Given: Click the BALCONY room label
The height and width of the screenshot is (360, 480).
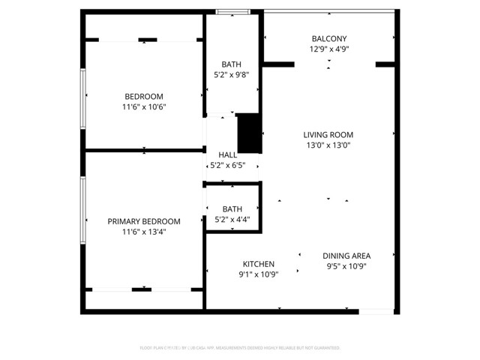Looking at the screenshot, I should point(329,38).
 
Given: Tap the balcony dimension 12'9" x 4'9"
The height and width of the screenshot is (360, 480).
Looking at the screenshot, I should point(329,49).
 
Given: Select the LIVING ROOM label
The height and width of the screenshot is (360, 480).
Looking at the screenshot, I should point(328,135).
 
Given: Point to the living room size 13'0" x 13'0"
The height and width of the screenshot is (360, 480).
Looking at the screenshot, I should point(328,145).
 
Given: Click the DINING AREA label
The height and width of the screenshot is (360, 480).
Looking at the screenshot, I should point(346,256).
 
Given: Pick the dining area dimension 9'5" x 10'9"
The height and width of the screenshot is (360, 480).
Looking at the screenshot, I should point(346,266).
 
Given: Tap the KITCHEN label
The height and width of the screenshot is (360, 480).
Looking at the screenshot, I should point(258,264).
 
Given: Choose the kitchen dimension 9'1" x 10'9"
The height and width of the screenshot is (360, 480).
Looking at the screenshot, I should point(258,274).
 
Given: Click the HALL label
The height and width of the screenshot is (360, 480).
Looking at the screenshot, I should point(227,155).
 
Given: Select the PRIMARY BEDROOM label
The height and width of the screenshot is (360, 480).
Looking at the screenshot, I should point(144,221).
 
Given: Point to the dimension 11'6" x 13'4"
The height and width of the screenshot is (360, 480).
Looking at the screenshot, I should point(144,232).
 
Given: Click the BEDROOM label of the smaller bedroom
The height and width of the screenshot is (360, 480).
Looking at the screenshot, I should point(144,96).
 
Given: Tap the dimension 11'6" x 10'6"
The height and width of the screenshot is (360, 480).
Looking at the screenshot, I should point(144,106).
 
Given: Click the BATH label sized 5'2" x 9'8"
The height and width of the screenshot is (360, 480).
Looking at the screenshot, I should point(232,64).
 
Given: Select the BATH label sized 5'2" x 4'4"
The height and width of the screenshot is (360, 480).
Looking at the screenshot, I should point(232,209).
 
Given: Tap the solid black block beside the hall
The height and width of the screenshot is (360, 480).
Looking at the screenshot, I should point(247,133).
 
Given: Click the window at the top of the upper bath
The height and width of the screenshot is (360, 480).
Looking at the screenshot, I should point(232,11).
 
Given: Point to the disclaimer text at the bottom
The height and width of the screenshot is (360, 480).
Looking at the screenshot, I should point(240,348).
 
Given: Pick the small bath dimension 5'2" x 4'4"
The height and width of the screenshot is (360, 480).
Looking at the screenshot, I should point(232,220).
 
